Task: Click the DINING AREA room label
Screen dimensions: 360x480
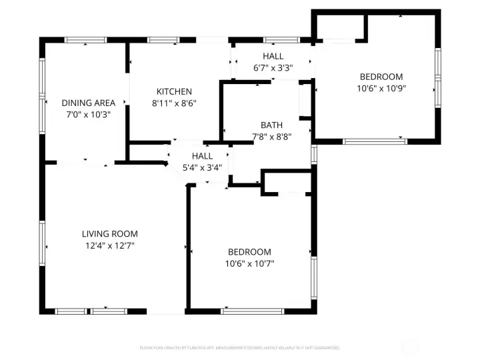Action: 89,103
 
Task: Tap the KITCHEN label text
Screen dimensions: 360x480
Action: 174,91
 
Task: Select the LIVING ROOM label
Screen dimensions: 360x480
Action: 109,233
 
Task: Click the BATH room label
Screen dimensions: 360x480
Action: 271,125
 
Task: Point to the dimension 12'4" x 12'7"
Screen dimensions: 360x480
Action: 109,245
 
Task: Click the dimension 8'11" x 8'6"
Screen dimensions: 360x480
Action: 174,103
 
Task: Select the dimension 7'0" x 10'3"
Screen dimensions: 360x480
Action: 89,114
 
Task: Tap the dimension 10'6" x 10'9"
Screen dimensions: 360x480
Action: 381,88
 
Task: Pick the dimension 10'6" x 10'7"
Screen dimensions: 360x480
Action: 250,263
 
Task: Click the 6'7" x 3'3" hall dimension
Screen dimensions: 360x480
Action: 273,68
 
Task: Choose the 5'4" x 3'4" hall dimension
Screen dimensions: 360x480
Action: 202,167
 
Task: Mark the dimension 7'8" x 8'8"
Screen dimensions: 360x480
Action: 271,137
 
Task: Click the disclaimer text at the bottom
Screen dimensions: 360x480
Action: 240,347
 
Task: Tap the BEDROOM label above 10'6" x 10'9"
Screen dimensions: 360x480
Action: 381,76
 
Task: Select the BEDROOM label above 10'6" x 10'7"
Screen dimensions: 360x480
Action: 250,251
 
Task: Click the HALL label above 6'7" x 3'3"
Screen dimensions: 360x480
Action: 273,56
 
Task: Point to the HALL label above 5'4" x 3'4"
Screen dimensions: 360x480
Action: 202,155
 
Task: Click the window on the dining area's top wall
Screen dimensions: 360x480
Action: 85,40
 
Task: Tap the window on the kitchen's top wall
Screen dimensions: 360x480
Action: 159,40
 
